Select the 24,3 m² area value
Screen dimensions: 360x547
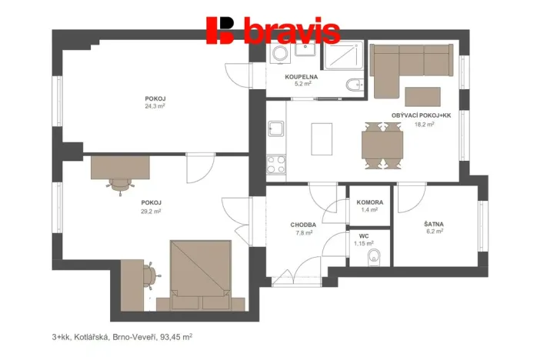pos(155,107)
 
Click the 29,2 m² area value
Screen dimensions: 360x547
pos(151,211)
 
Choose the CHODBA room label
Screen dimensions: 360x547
pos(303,225)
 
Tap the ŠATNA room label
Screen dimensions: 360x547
pos(434,225)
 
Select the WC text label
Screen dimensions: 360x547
pos(364,237)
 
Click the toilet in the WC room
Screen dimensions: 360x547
pos(374,256)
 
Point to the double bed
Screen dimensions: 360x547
pos(201,269)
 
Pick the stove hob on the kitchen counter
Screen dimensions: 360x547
pos(275,164)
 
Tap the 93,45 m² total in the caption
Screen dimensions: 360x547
pos(175,336)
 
